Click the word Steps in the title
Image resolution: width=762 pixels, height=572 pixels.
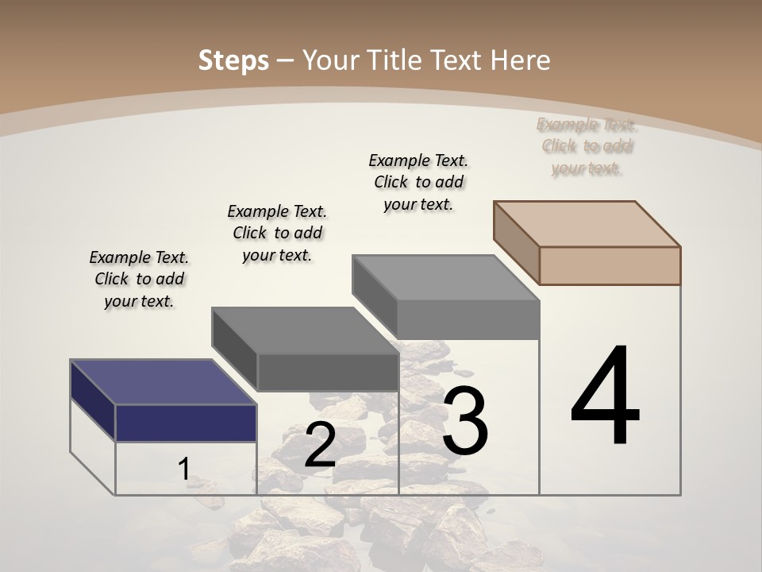coord(233,60)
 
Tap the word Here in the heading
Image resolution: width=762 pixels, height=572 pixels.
coord(521,60)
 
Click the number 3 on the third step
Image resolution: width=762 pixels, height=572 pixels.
coord(464,421)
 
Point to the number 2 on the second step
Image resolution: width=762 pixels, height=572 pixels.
coord(320,445)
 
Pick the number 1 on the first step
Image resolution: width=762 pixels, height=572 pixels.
coord(183,469)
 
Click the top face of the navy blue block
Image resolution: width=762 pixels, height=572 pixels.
coord(164,382)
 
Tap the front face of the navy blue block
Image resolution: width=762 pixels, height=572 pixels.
coord(186,423)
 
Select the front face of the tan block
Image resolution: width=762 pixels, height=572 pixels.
coord(610,265)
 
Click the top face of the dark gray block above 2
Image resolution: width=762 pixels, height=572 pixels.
coord(305,330)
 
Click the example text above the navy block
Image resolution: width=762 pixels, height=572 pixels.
coord(139,279)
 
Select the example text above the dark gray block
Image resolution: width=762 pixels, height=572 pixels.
coord(277,233)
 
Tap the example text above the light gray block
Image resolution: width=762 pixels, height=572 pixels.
coord(418,182)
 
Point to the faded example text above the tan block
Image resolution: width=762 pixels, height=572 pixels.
coord(587,146)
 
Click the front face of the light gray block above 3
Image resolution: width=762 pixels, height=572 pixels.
coord(468,319)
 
